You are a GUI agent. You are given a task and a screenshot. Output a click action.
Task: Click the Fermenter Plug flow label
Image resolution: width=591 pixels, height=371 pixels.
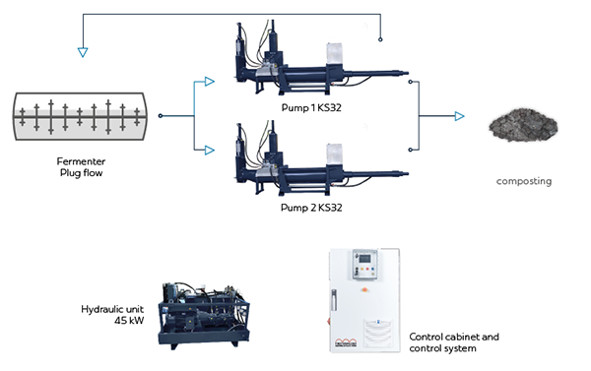coord(81,167)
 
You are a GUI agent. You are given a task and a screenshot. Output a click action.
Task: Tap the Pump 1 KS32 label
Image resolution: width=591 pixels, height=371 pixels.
coord(311,107)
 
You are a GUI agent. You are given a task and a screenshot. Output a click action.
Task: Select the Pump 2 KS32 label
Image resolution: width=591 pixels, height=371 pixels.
coord(311,208)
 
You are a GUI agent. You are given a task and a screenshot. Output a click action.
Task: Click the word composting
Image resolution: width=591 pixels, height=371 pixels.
coord(524,181)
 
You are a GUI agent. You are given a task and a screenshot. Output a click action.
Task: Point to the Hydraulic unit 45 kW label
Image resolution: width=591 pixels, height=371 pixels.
coord(112,315)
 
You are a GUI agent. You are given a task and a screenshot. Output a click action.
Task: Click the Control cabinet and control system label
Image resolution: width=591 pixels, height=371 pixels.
coord(454,342)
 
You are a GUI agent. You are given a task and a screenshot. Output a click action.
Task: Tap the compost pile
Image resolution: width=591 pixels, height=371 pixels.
coord(524,125)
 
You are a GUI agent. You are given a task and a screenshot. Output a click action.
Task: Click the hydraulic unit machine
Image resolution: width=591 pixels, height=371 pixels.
coord(204,315)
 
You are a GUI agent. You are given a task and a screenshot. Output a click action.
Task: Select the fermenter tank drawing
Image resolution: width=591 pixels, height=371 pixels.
coord(81,116)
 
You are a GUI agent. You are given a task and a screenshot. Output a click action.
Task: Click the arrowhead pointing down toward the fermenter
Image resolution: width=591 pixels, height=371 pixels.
coord(83,52)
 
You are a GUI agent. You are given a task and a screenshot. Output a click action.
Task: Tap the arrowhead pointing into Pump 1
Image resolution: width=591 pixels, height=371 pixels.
coord(209,82)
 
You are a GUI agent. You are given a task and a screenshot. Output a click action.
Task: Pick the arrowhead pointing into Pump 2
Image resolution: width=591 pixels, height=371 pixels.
coord(209,151)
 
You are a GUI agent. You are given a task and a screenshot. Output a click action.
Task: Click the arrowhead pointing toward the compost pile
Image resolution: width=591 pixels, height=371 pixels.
coord(459,116)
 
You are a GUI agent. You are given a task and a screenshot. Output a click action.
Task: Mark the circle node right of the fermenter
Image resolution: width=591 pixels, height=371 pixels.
coord(161,116)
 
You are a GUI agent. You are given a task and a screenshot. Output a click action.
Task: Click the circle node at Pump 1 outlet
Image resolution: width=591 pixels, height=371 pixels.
coord(410,82)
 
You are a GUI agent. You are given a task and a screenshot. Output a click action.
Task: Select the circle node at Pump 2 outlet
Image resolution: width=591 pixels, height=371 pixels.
coord(410,150)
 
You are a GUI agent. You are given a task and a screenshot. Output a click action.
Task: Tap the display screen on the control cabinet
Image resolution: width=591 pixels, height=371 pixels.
coord(364,259)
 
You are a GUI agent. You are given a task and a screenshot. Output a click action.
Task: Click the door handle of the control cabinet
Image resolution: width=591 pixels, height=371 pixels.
coord(334,300)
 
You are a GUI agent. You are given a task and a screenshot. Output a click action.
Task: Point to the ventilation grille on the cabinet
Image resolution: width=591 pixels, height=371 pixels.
coord(378,333)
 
